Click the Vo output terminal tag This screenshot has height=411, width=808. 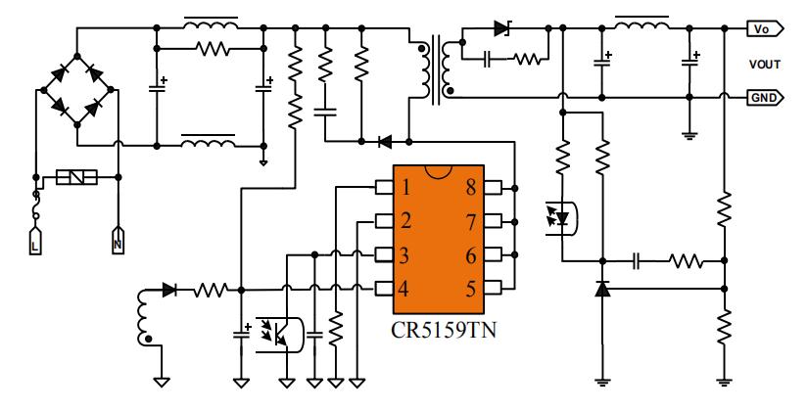pyautogui.click(x=763, y=28)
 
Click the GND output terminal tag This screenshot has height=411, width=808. pyautogui.click(x=763, y=98)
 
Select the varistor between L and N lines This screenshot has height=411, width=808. pyautogui.click(x=75, y=178)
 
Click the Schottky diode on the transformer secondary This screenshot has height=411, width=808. pyautogui.click(x=502, y=28)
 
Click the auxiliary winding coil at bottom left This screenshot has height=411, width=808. pyautogui.click(x=146, y=314)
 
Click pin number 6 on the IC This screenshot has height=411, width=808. pyautogui.click(x=472, y=255)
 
